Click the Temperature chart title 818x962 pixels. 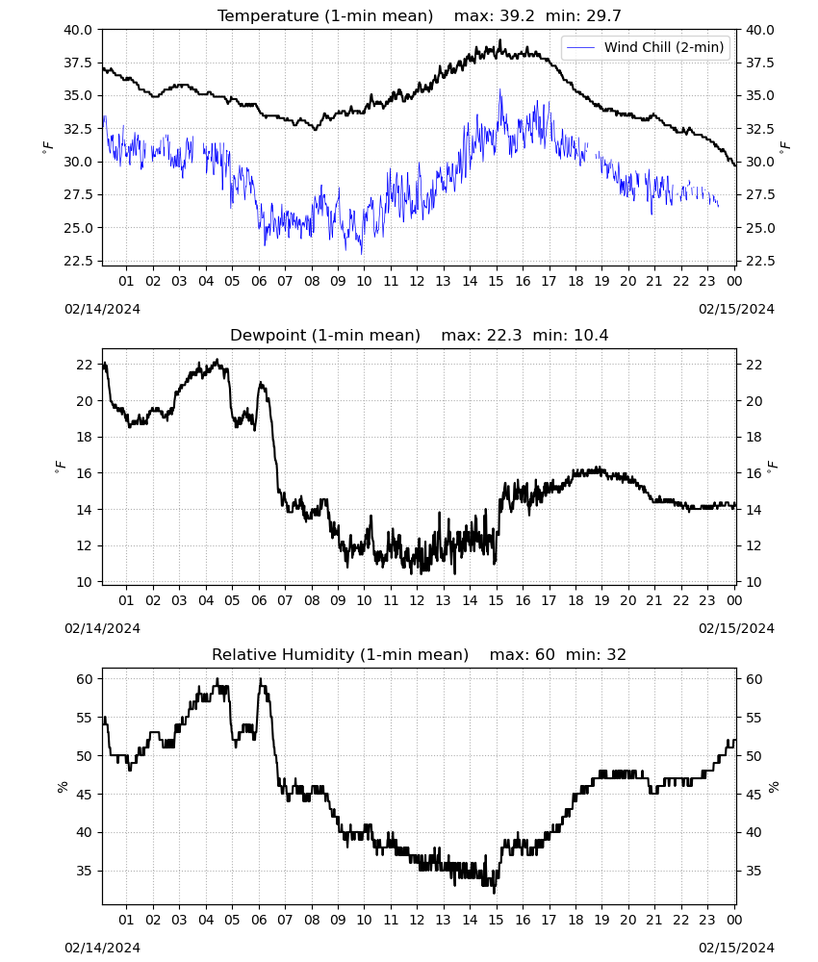click(x=325, y=16)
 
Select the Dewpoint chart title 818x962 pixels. click(x=325, y=335)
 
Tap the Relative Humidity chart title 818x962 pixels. click(x=340, y=654)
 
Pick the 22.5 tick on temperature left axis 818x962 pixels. click(x=78, y=262)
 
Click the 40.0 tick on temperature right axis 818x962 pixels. click(x=759, y=30)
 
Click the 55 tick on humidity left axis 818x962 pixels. click(x=85, y=718)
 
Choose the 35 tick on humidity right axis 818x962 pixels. click(x=754, y=872)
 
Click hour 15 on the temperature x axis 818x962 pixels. click(x=496, y=281)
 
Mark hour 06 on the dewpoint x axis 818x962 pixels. click(x=258, y=600)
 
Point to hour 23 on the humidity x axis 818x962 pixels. click(x=707, y=921)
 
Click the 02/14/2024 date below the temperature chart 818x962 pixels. click(x=102, y=309)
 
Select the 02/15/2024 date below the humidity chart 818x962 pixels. click(x=736, y=948)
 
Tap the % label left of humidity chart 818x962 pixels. click(x=62, y=787)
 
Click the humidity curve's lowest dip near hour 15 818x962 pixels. click(x=494, y=893)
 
